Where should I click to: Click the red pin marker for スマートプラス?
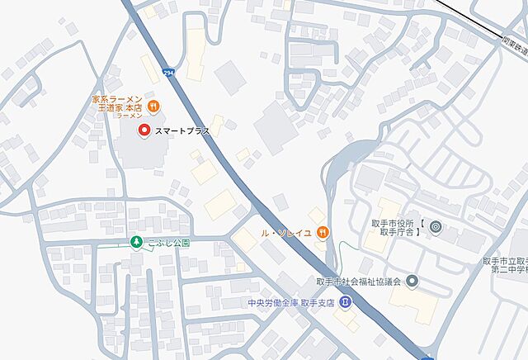tap(144, 130)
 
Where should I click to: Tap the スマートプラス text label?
tap(182, 130)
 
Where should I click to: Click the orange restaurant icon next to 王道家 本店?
tap(154, 106)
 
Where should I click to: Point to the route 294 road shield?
tap(169, 72)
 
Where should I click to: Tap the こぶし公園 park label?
tap(170, 243)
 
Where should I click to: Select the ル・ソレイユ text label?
tap(285, 234)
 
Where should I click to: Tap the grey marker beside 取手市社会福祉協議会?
tap(412, 282)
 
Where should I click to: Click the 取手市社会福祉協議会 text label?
tap(357, 282)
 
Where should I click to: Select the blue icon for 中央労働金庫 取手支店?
tap(344, 303)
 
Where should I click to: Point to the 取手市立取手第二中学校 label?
tap(505, 265)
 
